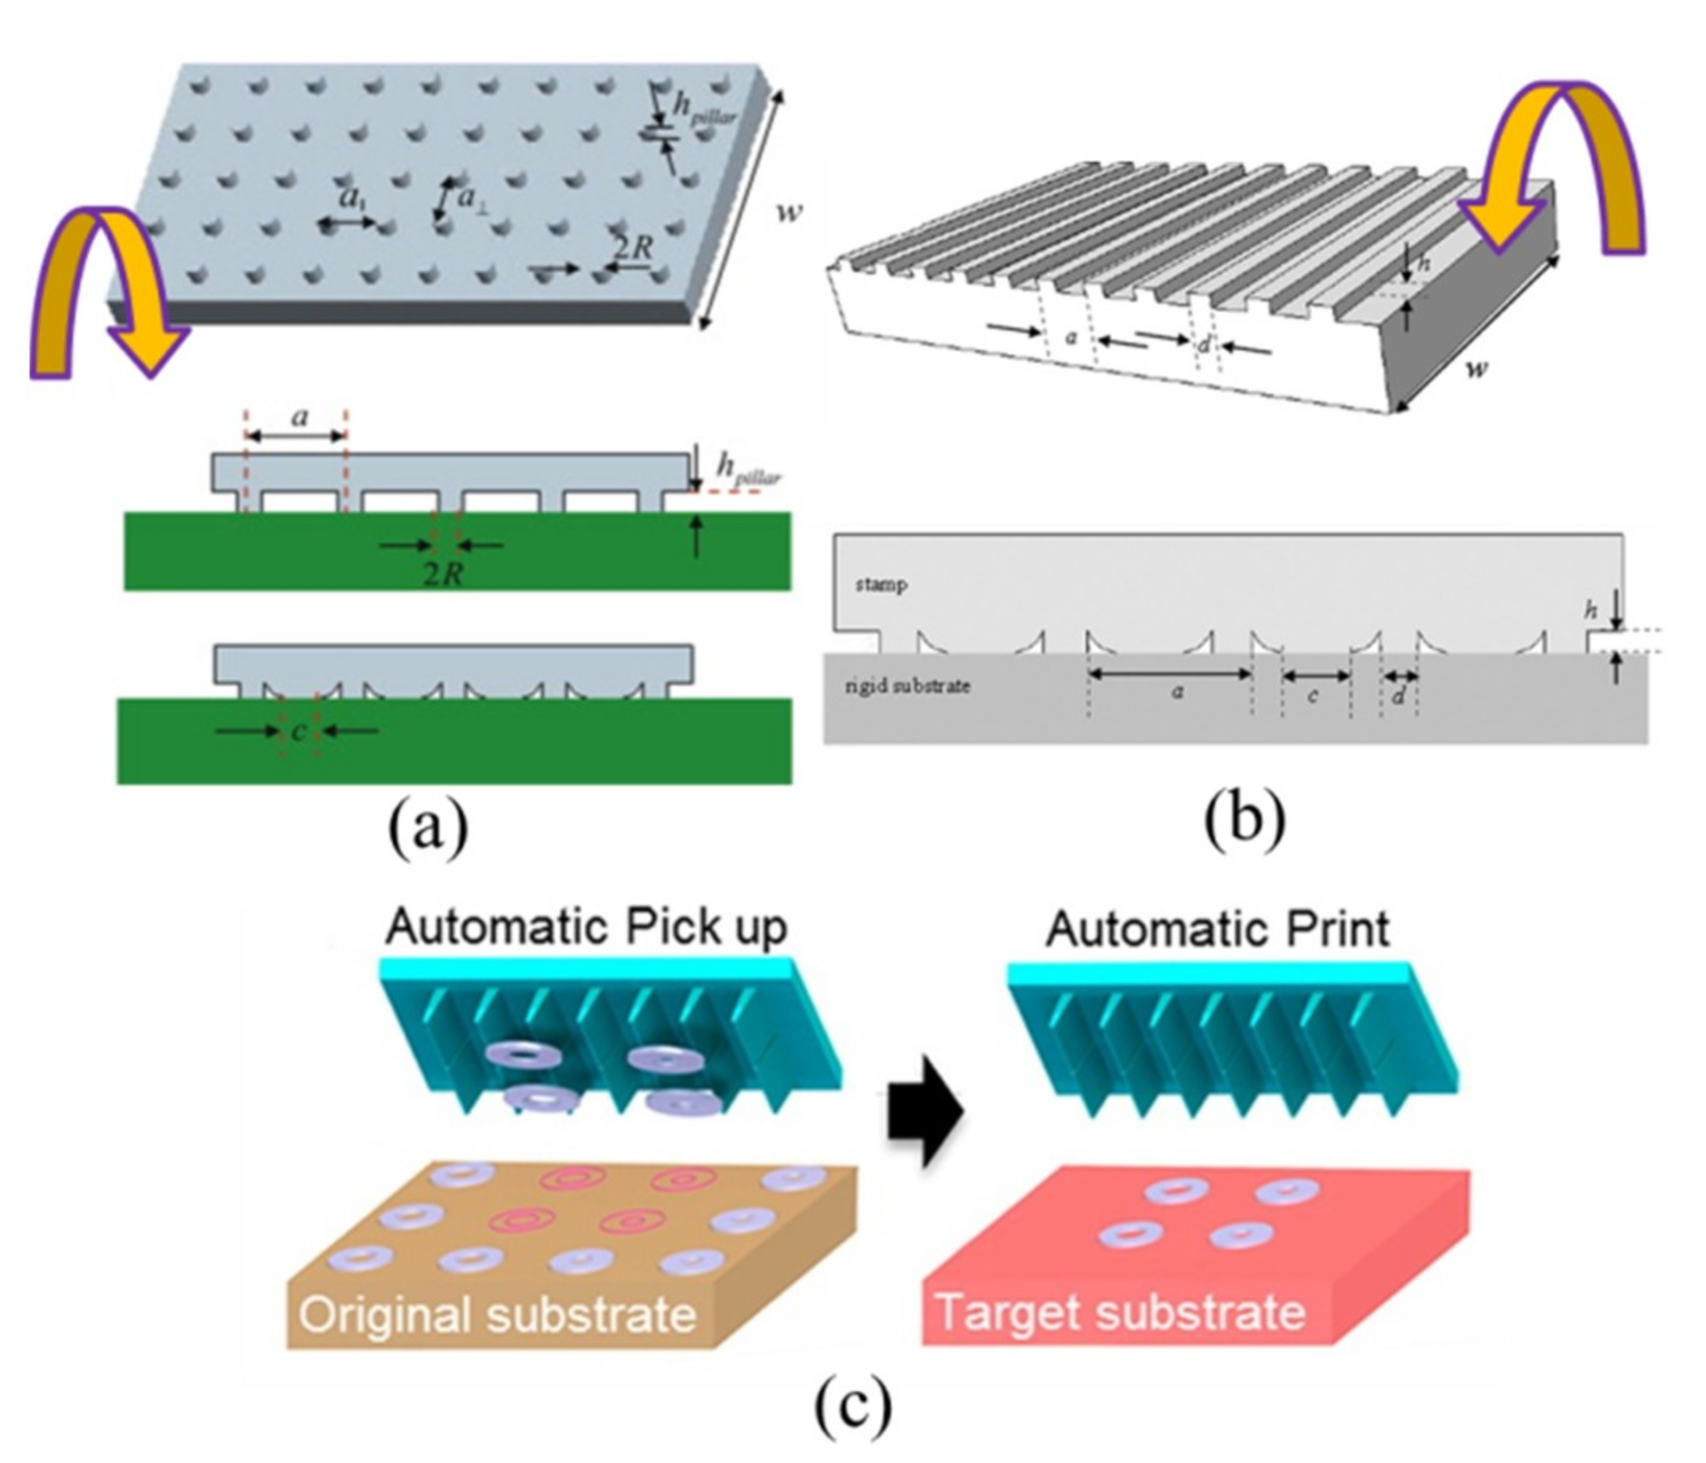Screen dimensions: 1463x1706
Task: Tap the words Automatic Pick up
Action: point(586,928)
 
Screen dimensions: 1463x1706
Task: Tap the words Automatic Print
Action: point(1217,930)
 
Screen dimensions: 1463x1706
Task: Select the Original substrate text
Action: point(497,1314)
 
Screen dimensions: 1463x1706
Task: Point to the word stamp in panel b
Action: point(881,586)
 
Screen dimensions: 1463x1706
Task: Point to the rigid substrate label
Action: point(908,685)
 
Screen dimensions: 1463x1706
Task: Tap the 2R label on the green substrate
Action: point(443,574)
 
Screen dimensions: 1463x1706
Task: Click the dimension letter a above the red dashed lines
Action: point(299,416)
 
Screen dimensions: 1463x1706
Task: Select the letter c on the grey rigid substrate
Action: point(1313,696)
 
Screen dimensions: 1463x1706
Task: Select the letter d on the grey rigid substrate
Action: point(1398,696)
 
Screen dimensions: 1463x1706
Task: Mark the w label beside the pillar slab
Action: point(790,212)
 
